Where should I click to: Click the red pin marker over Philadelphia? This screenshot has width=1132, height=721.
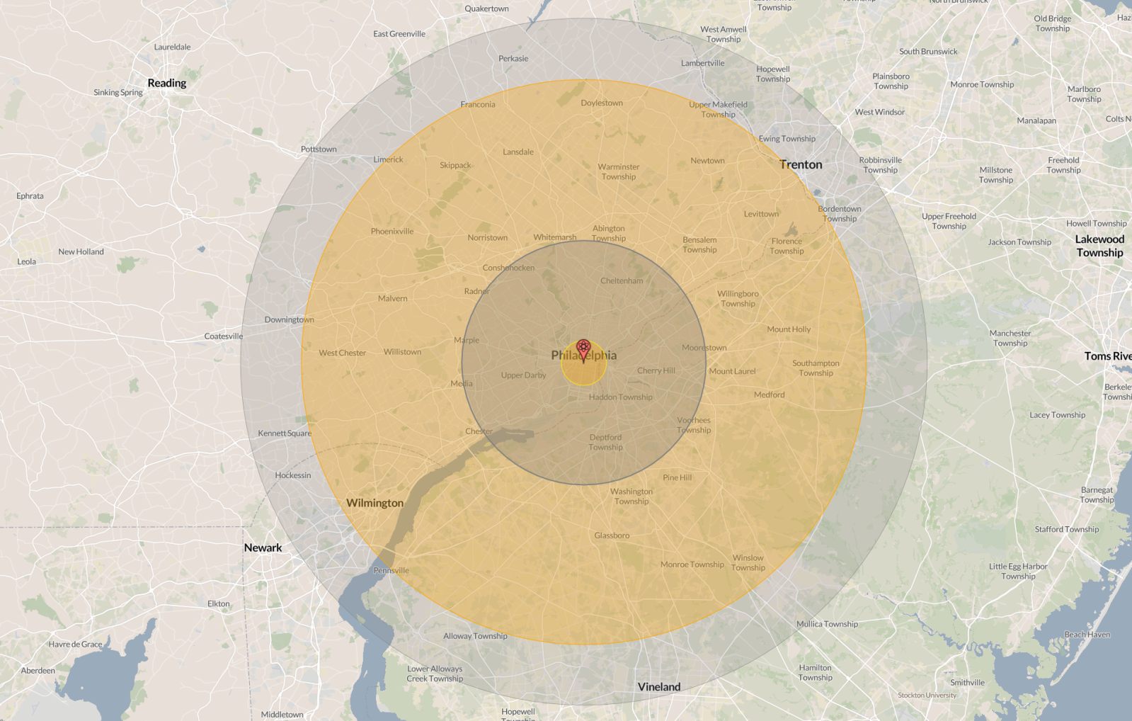[583, 348]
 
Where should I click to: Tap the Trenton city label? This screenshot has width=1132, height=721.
[801, 164]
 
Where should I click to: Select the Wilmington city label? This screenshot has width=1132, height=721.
[375, 503]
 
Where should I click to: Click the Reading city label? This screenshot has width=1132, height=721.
[167, 83]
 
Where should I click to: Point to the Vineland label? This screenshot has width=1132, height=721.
[659, 686]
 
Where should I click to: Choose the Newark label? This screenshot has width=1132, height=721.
[263, 547]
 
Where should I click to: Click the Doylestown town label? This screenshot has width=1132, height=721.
[602, 103]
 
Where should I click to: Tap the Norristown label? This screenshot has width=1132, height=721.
[487, 237]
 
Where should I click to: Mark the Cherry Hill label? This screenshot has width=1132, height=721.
[656, 370]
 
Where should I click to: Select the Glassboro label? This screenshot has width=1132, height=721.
[612, 535]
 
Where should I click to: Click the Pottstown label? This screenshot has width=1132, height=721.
[319, 149]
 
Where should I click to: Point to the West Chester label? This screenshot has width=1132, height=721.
[342, 353]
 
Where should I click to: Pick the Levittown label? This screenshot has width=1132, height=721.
[761, 214]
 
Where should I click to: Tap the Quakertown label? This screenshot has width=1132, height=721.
[486, 8]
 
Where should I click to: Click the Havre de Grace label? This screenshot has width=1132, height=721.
[76, 644]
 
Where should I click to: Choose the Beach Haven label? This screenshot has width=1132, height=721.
[1087, 635]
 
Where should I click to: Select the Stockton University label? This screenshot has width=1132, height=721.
[927, 695]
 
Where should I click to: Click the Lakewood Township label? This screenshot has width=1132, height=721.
[1099, 246]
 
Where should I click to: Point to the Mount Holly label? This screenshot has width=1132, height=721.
[789, 329]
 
